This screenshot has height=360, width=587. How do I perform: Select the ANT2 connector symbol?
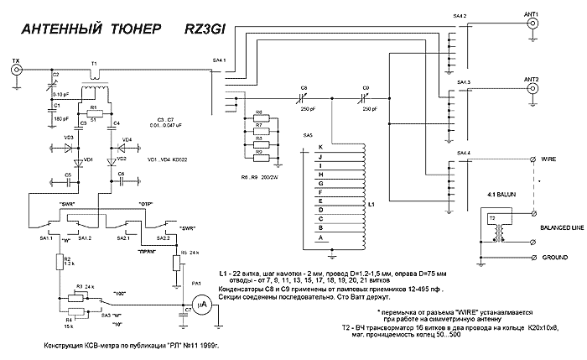click(532, 89)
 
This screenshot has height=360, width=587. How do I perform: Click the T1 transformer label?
click(94, 63)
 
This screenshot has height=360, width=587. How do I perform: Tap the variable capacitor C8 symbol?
click(304, 97)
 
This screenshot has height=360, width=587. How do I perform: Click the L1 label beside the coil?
click(371, 204)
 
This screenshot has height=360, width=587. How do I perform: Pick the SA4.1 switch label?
click(218, 60)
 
